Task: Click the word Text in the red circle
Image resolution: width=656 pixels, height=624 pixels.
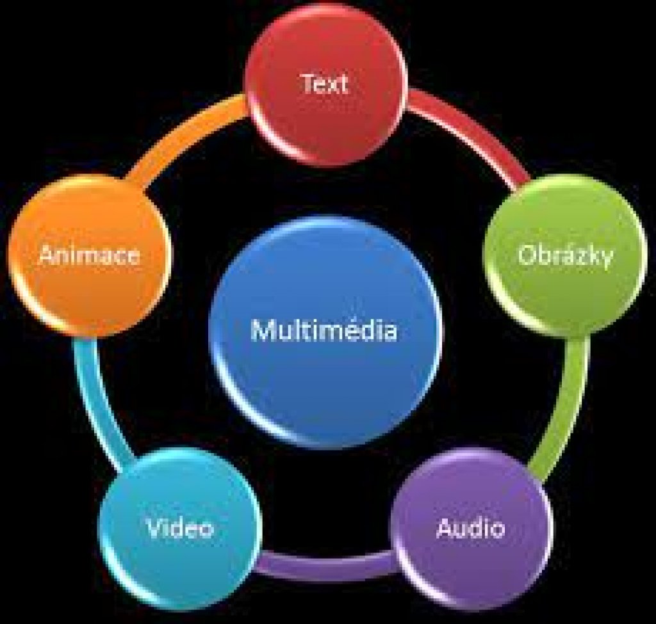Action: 325,83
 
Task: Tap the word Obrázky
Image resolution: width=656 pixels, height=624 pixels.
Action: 566,255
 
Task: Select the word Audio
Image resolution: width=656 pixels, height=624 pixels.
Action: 471,528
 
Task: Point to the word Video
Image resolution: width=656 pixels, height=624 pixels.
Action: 180,527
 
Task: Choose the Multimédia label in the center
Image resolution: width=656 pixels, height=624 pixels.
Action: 324,330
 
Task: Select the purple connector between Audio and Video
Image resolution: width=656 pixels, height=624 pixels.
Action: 326,565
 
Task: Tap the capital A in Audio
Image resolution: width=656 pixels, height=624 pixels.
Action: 446,528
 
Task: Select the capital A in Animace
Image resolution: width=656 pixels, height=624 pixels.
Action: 49,254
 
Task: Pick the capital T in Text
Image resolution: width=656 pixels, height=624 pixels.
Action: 309,83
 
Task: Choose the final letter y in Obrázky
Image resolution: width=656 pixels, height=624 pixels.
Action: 606,259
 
